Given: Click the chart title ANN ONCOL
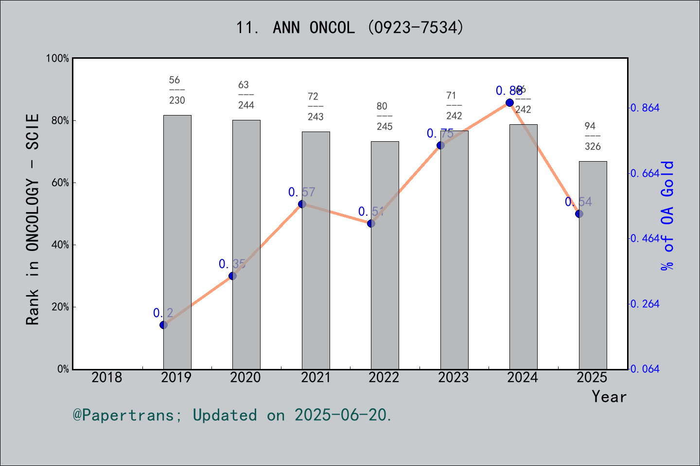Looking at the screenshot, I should point(350,28).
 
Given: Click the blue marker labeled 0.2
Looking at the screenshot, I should point(163,325).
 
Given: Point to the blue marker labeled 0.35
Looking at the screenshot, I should point(232,276).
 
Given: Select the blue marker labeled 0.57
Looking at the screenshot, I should point(302,204).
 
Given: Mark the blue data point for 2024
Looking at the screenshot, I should point(509,102).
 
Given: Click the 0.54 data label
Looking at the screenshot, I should point(578,202).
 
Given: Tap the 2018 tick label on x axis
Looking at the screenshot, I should point(107,377).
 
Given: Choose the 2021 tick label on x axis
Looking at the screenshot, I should point(315,377).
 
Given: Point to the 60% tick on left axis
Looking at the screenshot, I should point(60,183).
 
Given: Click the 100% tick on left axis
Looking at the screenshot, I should point(58,58).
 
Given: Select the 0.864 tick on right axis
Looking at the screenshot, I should point(645,108).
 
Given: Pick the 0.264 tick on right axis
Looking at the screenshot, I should point(645,304).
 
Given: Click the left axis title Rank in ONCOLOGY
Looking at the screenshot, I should point(33,219).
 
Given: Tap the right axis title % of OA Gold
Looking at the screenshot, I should point(667,215).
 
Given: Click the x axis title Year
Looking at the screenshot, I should point(609,397).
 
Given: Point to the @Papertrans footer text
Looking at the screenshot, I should point(232,415).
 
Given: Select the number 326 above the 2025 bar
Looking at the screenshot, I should point(593,147).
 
